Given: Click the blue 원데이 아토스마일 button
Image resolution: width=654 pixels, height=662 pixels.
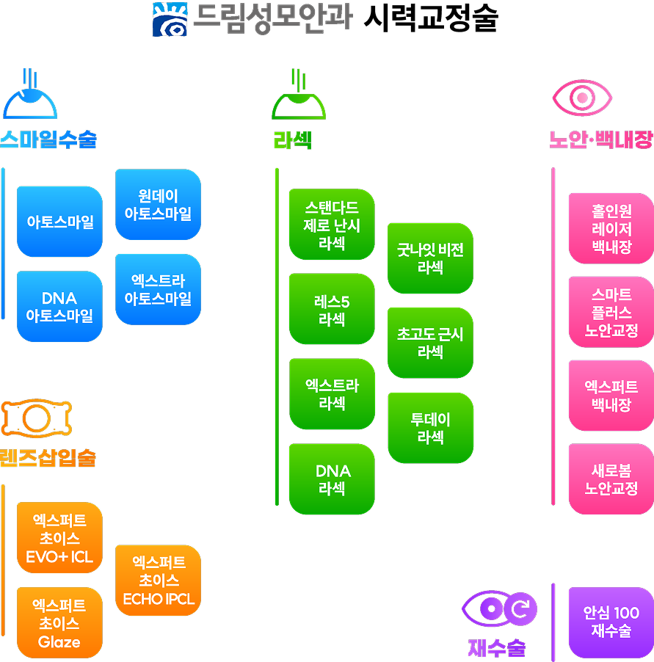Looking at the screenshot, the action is click(x=158, y=204).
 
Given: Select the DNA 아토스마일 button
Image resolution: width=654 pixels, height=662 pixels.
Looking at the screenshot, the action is click(x=59, y=307).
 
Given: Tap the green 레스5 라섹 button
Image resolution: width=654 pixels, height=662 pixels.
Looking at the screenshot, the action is click(x=332, y=309).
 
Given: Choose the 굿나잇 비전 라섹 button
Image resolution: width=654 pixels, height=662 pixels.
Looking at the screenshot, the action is click(x=430, y=258).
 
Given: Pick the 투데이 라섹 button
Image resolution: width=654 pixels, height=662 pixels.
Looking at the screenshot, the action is click(x=430, y=428).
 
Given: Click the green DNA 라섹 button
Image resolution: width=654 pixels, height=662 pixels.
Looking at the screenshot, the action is click(x=332, y=479).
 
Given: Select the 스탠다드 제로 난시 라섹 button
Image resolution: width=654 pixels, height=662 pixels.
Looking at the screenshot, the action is click(x=332, y=224).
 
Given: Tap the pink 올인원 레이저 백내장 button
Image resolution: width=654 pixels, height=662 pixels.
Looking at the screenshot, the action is click(x=611, y=228).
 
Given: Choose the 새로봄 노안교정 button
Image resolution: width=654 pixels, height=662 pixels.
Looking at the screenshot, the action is click(x=611, y=479).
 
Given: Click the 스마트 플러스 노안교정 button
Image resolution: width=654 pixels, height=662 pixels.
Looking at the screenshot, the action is click(x=611, y=312).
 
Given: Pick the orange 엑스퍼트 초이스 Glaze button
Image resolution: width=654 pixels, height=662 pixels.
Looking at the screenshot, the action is click(x=59, y=623).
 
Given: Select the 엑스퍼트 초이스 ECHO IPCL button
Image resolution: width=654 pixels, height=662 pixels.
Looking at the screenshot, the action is click(x=158, y=580).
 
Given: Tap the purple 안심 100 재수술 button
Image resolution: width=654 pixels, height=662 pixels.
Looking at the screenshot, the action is click(x=611, y=623).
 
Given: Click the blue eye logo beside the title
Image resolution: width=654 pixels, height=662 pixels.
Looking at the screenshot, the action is click(x=170, y=19).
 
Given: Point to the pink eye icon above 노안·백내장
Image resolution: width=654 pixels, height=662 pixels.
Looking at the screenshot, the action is click(x=582, y=98).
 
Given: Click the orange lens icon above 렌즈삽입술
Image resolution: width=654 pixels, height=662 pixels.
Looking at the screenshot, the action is click(x=37, y=418).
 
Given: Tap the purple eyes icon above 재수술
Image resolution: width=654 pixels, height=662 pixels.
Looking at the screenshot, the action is click(x=499, y=609).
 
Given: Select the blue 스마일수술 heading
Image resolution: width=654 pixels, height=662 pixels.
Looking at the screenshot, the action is click(x=48, y=139).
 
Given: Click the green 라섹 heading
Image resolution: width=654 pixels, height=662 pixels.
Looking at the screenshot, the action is click(x=293, y=140).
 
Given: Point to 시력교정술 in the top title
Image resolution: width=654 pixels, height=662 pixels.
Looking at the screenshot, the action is click(x=431, y=18).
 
